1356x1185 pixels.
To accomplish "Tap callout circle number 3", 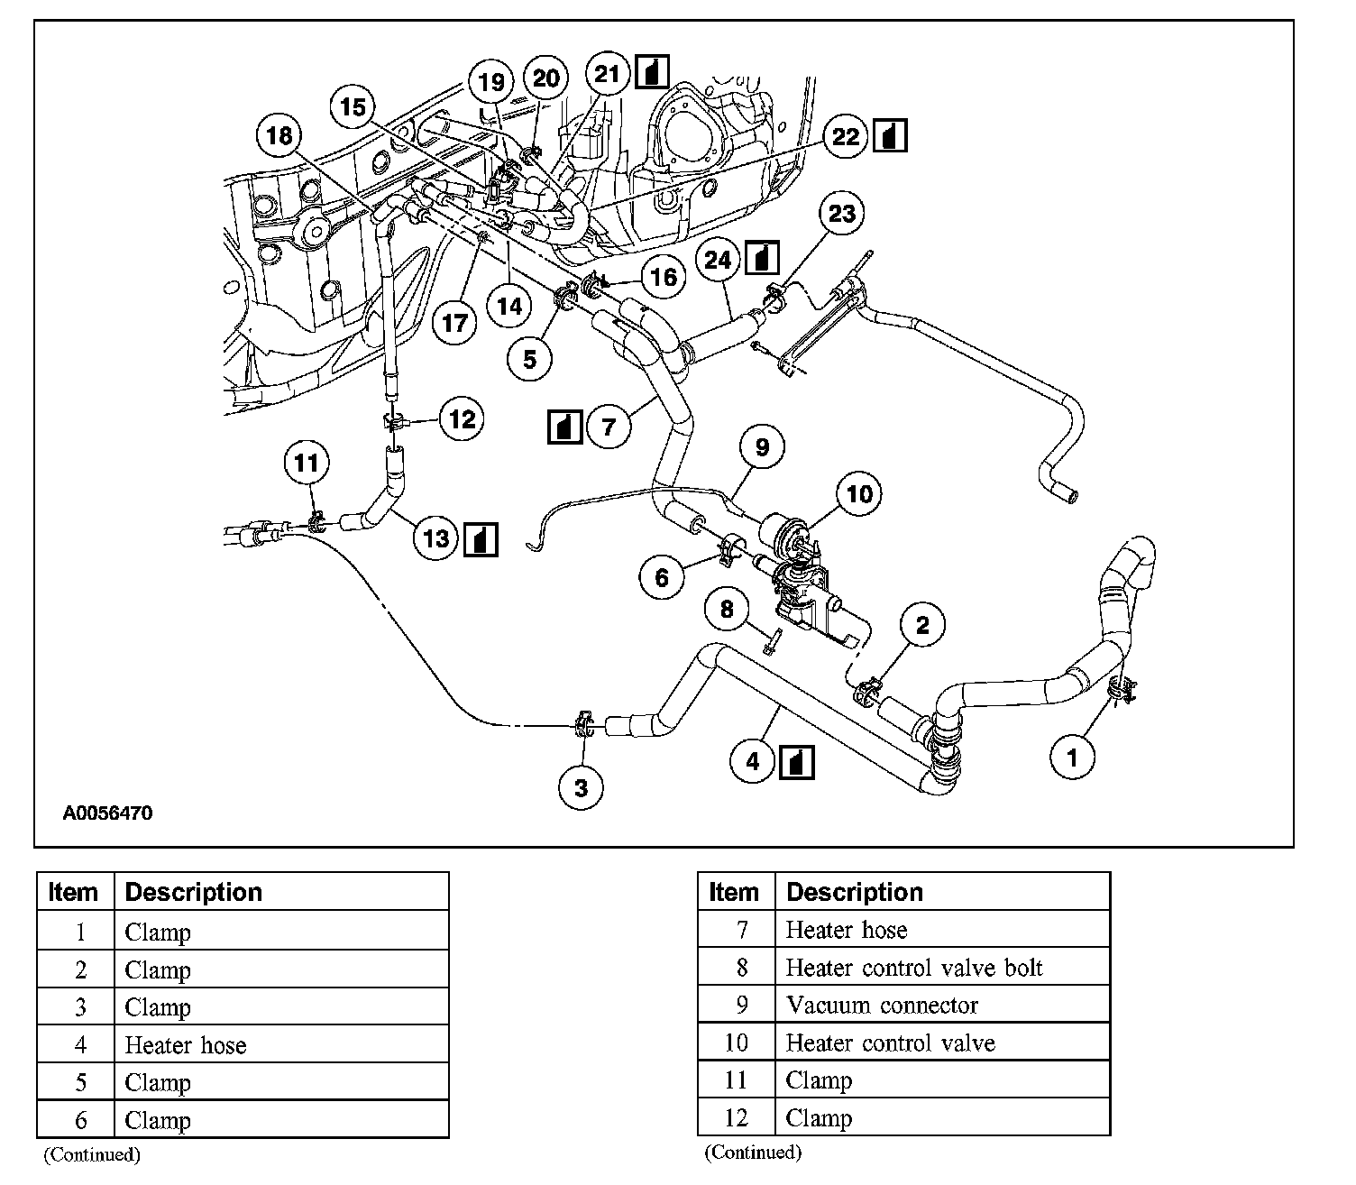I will click(581, 786).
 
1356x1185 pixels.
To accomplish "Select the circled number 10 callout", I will click(859, 493).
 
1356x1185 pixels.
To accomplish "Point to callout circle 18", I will click(279, 135).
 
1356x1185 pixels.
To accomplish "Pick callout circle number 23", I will click(841, 214).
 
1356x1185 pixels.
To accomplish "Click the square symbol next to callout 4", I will click(796, 761).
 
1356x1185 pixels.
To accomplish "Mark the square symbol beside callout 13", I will click(481, 538).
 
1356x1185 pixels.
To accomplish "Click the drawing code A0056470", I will click(107, 813).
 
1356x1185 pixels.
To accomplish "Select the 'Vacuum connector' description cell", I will click(882, 1005).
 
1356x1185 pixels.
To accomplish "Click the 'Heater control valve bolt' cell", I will click(913, 968).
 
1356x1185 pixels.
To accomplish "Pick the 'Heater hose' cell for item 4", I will click(185, 1045).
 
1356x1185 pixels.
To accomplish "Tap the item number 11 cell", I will click(736, 1080).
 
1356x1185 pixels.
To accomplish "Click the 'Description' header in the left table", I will click(193, 892).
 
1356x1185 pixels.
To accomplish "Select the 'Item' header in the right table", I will click(734, 892).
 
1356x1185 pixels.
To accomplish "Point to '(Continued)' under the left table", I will click(92, 1154).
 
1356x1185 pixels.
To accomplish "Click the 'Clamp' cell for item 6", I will click(158, 1120).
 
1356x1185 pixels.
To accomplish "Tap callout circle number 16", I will click(663, 276).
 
